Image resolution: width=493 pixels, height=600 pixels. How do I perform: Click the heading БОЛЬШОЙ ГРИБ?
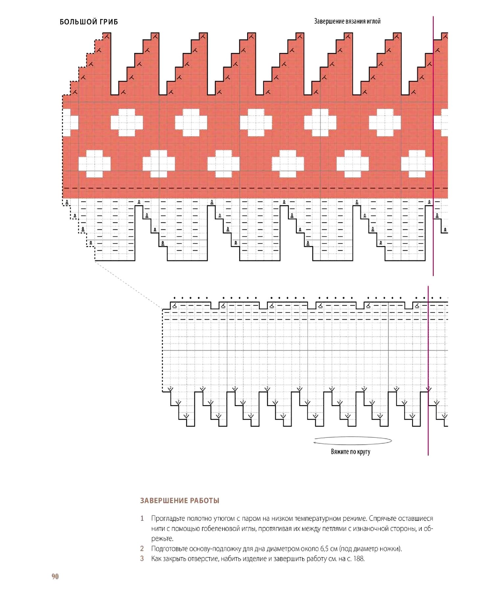point(89,22)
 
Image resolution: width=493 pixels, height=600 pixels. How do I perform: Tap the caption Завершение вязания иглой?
point(347,21)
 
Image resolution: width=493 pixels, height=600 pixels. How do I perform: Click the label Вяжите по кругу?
point(350,451)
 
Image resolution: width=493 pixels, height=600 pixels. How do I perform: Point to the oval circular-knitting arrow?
point(353,441)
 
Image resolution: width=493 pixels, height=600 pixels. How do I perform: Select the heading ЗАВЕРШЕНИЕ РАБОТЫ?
point(179,501)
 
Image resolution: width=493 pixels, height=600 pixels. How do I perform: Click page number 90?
point(55,576)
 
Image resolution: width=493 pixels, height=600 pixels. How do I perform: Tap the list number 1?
point(142,519)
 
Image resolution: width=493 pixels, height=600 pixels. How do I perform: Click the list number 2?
point(142,548)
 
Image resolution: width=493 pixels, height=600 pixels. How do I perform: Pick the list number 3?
point(142,559)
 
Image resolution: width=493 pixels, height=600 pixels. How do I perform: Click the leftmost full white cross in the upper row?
point(127,122)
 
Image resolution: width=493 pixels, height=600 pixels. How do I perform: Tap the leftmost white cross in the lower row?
point(95,163)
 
